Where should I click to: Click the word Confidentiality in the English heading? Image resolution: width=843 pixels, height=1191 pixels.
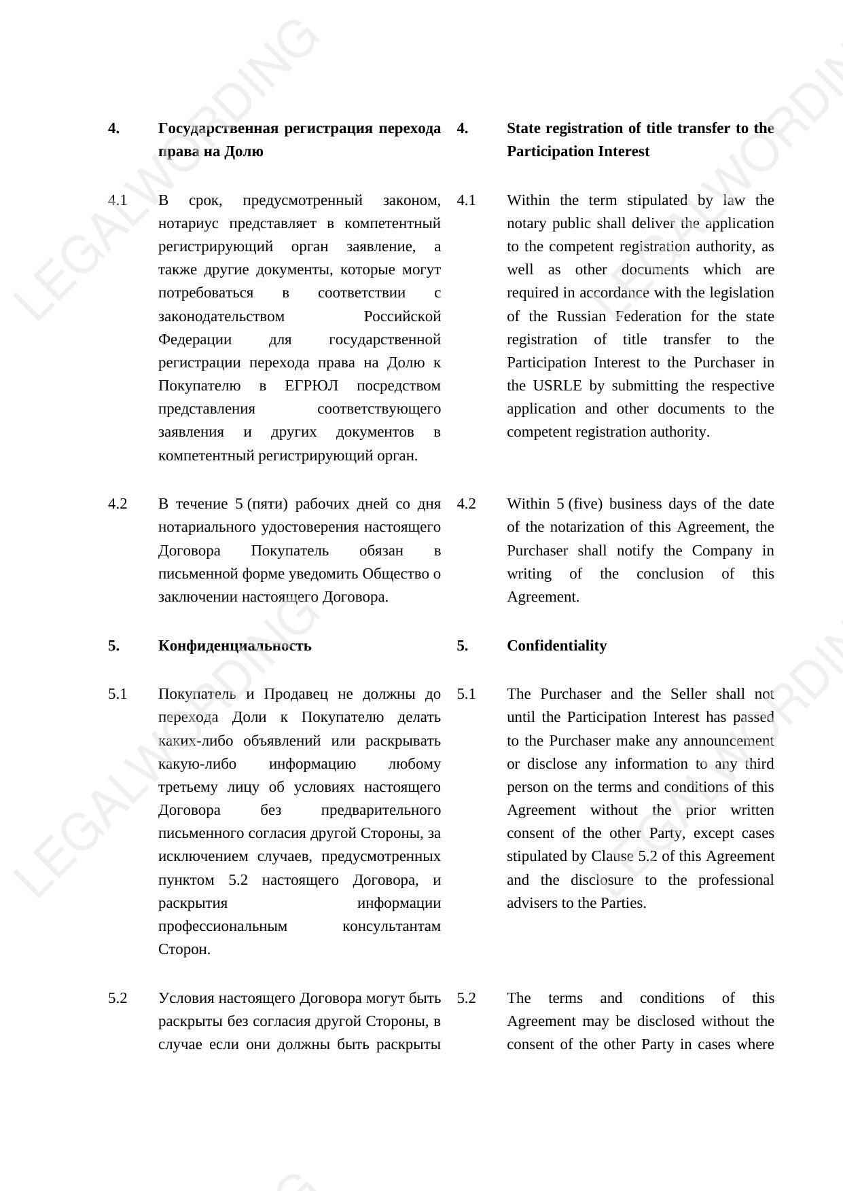click(x=556, y=646)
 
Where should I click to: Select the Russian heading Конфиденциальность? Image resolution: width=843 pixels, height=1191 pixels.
click(x=234, y=646)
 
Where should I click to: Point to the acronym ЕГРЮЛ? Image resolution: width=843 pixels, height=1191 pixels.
click(x=311, y=386)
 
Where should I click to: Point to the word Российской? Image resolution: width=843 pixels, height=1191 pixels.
click(x=402, y=316)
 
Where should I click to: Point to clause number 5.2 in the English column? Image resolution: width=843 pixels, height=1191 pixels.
click(x=466, y=998)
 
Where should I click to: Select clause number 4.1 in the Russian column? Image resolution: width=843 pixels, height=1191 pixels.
click(x=118, y=200)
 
